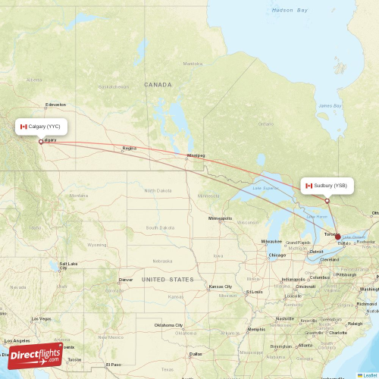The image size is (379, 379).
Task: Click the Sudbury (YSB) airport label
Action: [327, 186]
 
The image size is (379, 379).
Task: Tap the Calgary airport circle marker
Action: [41, 141]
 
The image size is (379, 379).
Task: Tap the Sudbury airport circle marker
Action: [327, 201]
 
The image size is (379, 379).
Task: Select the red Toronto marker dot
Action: [338, 236]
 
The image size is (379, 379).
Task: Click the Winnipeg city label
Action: [196, 155]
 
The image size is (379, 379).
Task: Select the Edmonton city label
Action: [55, 105]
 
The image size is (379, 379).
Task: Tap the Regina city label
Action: [129, 149]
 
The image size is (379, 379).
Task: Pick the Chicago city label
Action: [277, 255]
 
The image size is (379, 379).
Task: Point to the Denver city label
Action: [125, 280]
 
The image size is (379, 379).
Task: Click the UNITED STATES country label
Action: [168, 280]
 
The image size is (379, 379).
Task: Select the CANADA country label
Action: [158, 85]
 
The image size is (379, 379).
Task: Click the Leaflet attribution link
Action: [368, 374]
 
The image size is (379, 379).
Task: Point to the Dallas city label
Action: [196, 354]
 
